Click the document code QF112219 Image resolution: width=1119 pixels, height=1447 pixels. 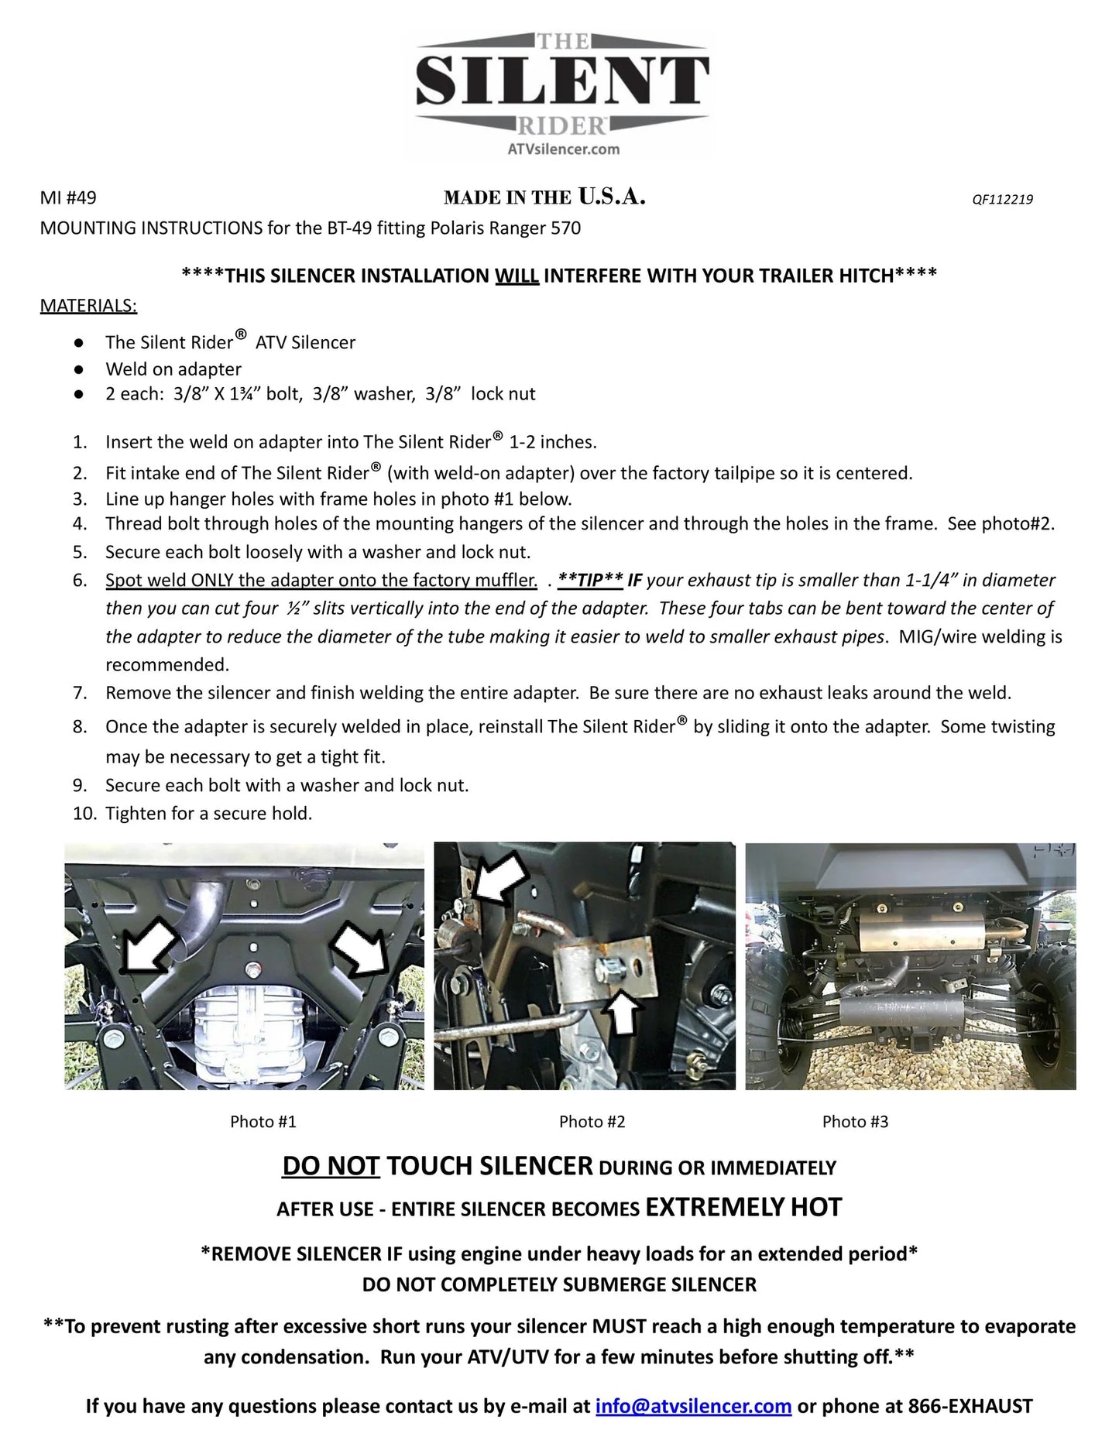coord(1002,199)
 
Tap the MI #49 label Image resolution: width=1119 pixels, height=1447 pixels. coord(68,198)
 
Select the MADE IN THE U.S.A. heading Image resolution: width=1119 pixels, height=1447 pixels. coord(544,197)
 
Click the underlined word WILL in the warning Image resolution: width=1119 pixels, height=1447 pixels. coord(517,276)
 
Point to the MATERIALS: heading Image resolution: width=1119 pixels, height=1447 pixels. coord(88,306)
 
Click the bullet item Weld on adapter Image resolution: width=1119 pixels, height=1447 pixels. coord(173,369)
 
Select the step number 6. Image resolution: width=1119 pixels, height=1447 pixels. coord(81,580)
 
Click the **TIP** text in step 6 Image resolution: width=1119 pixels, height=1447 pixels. coord(590,580)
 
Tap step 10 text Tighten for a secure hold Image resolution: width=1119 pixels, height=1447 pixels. coord(208,813)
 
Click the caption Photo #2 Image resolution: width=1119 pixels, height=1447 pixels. coord(592,1121)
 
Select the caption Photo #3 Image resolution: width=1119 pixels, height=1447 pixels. coord(855,1121)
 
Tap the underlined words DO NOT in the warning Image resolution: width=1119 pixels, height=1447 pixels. coord(331,1166)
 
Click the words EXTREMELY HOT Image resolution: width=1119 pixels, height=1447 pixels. coord(743,1207)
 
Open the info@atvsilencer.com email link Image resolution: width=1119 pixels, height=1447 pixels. coord(693,1406)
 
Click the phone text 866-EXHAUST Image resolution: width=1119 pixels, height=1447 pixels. coord(970,1406)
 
